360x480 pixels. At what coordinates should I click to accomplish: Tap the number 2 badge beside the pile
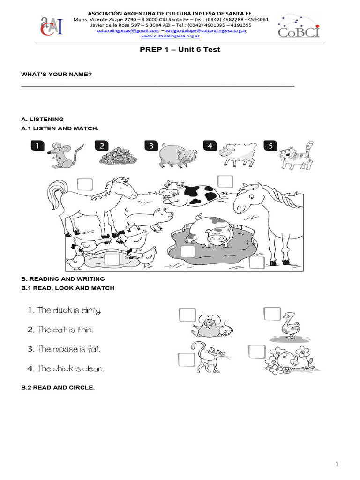point(102,146)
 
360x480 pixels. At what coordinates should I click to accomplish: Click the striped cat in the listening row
point(296,156)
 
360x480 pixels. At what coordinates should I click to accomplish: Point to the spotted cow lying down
point(187,193)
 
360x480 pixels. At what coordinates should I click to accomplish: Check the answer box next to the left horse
point(85,184)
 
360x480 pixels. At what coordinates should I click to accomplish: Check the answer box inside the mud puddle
point(187,252)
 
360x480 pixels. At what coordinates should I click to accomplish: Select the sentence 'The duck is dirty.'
point(64,310)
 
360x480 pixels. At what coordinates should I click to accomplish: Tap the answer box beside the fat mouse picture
point(187,315)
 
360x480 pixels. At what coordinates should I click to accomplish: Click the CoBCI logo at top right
point(299,26)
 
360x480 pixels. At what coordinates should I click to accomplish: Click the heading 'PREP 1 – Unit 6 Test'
point(180,50)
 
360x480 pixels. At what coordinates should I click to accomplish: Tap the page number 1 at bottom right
point(337,464)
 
